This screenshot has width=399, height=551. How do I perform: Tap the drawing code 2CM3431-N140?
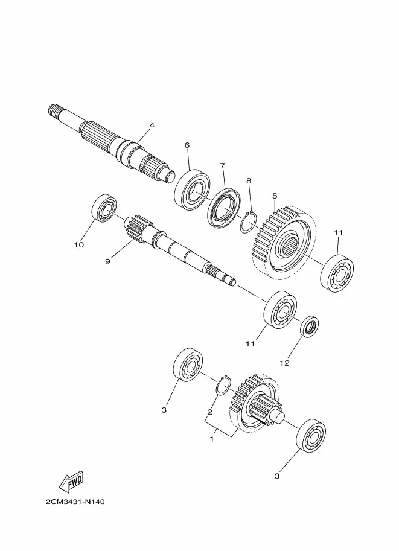[75, 502]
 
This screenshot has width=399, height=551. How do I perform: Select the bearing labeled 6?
[193, 190]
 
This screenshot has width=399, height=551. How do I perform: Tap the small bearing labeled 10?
[104, 208]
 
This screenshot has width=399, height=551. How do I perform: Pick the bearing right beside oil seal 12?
[281, 310]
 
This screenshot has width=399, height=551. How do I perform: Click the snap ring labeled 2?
[223, 386]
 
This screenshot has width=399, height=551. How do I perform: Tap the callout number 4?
[152, 125]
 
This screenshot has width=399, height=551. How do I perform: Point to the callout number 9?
[107, 261]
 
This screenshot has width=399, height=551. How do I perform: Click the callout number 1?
[212, 439]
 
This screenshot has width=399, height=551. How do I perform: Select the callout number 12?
[284, 363]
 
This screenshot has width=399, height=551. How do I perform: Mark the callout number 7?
[222, 165]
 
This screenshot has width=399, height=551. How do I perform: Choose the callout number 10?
[79, 244]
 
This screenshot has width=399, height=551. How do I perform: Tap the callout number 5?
[275, 196]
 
